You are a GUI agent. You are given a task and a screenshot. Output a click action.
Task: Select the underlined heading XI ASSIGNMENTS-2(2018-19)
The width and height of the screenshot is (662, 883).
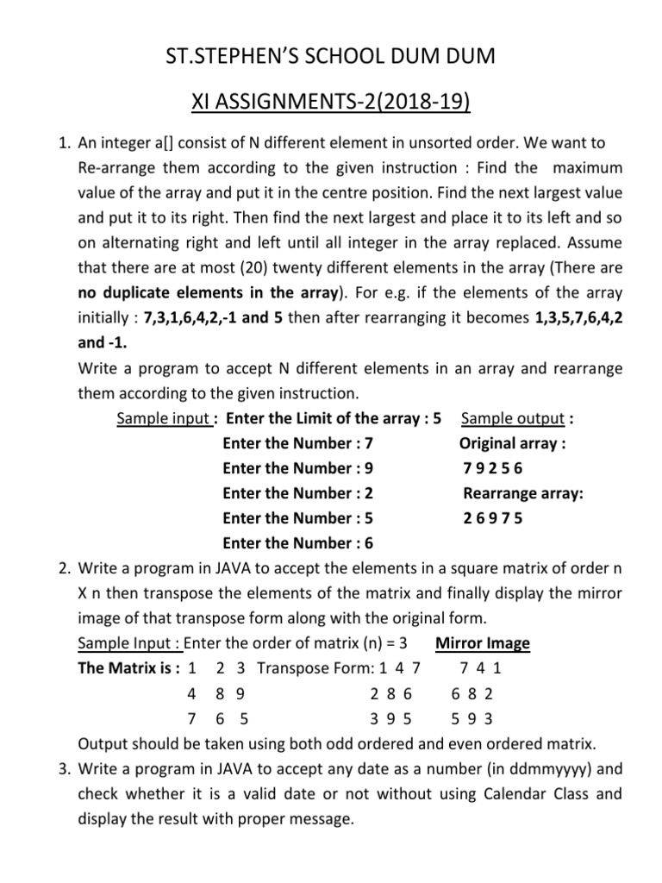[330, 105]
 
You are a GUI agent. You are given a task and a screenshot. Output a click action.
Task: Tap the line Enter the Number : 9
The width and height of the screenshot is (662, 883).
[297, 469]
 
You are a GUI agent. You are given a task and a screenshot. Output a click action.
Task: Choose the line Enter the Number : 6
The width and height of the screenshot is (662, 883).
[297, 543]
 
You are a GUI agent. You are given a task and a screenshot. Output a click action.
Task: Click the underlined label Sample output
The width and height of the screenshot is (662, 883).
[513, 419]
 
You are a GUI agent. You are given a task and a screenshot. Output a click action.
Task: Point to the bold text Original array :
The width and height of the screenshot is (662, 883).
[512, 444]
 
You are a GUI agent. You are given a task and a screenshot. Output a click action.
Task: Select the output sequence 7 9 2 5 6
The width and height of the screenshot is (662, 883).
[492, 469]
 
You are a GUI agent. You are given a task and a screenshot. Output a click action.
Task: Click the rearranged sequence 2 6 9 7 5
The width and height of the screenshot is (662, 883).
[492, 519]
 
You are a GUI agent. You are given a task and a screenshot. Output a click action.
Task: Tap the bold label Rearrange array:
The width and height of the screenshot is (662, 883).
[523, 494]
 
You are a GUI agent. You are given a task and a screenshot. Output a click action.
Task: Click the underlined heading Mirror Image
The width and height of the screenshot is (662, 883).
[483, 643]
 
